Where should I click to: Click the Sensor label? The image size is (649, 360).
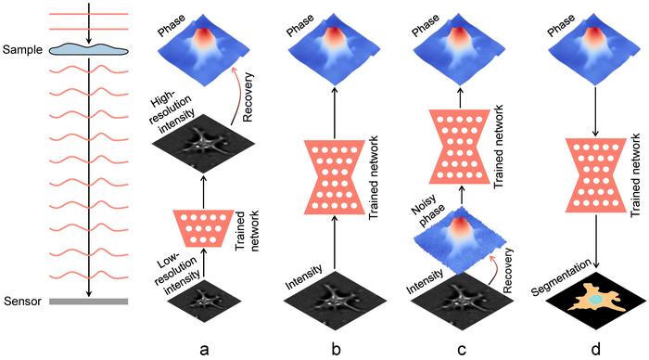[21, 302]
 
